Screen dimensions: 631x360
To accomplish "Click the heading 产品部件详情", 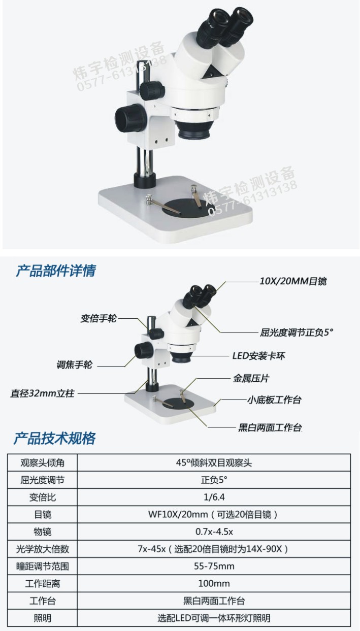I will coord(55,271).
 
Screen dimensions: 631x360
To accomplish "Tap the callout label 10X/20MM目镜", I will coord(293,281).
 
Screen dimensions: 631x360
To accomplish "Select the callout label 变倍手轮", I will coord(98,318).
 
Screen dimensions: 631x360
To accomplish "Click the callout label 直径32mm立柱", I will coord(43,393).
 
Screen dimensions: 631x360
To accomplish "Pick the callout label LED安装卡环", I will coord(258,356).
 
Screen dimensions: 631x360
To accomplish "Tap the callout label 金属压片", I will coord(251,378).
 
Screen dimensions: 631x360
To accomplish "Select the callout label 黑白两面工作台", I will coord(270,427).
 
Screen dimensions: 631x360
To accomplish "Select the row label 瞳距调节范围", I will coord(43,567).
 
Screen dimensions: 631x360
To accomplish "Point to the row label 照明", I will coord(43,618).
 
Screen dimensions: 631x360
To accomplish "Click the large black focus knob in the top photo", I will coord(129,118).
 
